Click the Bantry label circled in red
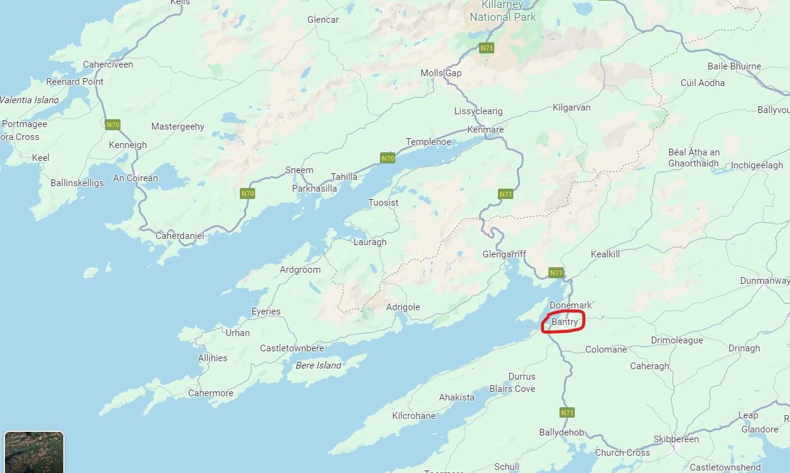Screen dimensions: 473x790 (x=564, y=321)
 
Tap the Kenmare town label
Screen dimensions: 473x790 (x=485, y=130)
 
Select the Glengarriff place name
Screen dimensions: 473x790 (x=504, y=254)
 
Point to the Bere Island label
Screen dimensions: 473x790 (x=319, y=365)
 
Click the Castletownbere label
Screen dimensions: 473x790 (x=291, y=348)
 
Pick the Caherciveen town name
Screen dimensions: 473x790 (x=108, y=64)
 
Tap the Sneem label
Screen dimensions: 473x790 (x=299, y=170)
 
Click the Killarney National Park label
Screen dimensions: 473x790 (x=503, y=11)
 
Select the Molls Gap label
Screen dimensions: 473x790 (x=441, y=73)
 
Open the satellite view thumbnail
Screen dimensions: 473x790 (x=34, y=451)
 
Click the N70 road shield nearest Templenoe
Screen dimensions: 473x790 (x=387, y=158)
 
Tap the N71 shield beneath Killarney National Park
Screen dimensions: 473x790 (x=486, y=48)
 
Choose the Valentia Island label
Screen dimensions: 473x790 (x=30, y=100)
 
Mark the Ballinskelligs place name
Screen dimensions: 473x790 (x=77, y=183)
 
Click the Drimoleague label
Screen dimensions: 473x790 (x=676, y=340)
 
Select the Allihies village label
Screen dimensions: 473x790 (x=213, y=358)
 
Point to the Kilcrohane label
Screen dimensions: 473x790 (x=414, y=416)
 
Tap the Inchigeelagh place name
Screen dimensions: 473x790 (x=757, y=165)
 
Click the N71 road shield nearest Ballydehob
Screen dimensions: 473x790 (x=567, y=412)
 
